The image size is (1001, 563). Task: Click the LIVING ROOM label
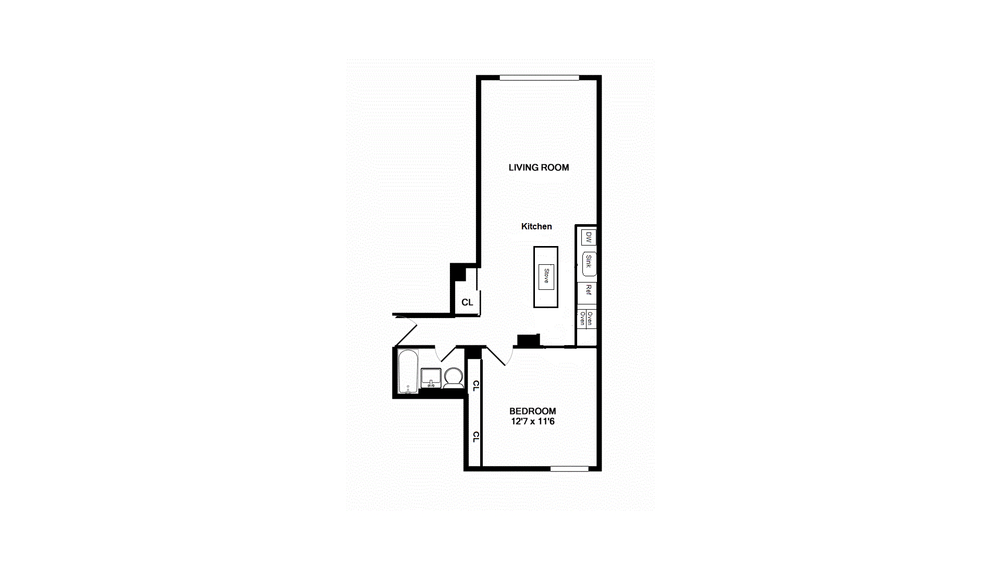point(539,167)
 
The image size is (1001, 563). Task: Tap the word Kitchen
point(536,226)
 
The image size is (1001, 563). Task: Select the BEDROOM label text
point(532,411)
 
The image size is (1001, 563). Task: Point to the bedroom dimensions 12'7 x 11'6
point(533,421)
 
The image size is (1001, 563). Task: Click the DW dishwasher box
point(589,238)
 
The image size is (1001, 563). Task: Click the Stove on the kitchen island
point(546,276)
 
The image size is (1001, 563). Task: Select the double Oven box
point(586,319)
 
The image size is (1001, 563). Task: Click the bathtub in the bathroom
point(408,371)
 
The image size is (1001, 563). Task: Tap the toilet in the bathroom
point(454,377)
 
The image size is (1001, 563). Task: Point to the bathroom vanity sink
point(431,377)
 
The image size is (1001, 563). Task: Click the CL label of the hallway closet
point(467,302)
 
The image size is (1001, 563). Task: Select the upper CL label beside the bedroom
point(475,386)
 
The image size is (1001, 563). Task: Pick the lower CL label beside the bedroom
point(475,437)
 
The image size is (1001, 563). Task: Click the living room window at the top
point(539,78)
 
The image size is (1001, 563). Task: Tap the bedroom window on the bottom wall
point(569,469)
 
